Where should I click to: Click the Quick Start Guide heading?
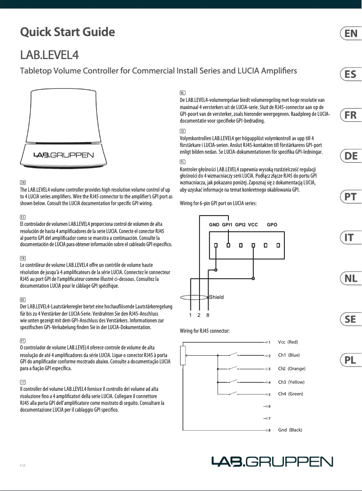point(68,32)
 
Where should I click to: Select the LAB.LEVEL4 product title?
point(50,55)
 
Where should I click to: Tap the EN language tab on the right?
point(350,34)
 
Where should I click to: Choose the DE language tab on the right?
point(350,156)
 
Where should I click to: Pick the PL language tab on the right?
point(350,360)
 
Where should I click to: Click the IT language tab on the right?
point(350,238)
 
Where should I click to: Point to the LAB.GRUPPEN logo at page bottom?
point(273,461)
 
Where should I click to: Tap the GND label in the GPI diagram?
point(214,225)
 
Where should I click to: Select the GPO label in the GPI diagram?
point(272,225)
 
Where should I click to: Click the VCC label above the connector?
point(253,225)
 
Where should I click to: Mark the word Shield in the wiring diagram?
point(216,297)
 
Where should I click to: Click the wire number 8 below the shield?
point(208,315)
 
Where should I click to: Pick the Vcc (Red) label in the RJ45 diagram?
point(288,342)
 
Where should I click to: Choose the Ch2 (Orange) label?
point(291,368)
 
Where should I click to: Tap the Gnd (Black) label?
point(290,430)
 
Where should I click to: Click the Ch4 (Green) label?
point(290,394)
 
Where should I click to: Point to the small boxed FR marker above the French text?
point(23,257)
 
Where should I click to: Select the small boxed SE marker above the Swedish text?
point(182,130)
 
